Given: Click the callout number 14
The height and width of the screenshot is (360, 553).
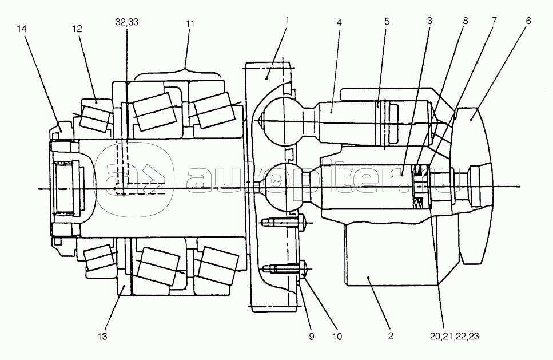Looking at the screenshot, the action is click(x=22, y=29).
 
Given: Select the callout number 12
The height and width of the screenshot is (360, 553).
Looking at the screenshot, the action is click(x=77, y=29).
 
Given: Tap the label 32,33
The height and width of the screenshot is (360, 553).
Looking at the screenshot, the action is click(x=126, y=22).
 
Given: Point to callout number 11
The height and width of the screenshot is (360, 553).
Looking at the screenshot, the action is click(x=190, y=24).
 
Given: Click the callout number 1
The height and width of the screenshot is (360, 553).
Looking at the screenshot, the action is click(x=287, y=20).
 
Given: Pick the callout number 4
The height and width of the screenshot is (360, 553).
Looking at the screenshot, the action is click(x=339, y=22).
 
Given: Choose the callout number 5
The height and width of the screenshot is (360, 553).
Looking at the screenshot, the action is click(x=387, y=21).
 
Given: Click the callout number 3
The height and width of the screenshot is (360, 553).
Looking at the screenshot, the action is click(x=429, y=21).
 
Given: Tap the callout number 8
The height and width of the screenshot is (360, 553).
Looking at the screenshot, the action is click(x=465, y=21).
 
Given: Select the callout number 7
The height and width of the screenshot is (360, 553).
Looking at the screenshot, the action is click(x=494, y=21).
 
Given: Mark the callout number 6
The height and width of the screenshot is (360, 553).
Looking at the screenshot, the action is click(x=528, y=21).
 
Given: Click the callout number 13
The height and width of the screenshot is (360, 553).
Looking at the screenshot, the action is click(x=102, y=337).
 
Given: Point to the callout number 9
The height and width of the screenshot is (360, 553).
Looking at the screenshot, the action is click(x=312, y=337).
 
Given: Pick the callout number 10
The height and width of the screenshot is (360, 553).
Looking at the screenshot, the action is click(x=337, y=337).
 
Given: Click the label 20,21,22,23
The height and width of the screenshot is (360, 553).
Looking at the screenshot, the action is click(x=455, y=336).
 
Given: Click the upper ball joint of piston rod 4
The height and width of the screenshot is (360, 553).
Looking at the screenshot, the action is click(x=280, y=121).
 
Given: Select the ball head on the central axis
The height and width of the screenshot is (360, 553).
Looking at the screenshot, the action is click(x=284, y=186).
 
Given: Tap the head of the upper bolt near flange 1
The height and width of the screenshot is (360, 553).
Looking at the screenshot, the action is click(x=303, y=222).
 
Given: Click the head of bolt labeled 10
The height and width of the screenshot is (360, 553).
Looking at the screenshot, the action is click(x=303, y=270).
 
